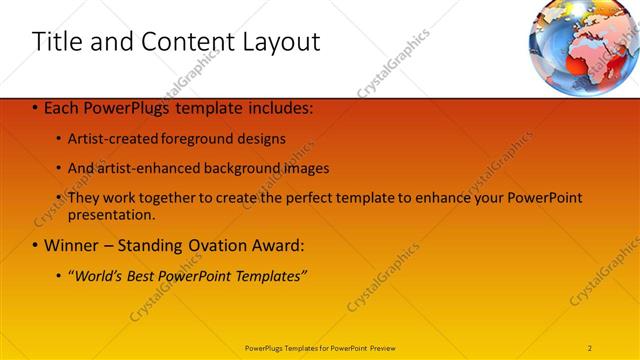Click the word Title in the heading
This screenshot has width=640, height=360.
click(x=57, y=42)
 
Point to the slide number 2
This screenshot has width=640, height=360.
click(x=590, y=347)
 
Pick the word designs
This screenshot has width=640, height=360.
click(x=262, y=138)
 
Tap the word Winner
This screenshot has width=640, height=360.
click(x=71, y=245)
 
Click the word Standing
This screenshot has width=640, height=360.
click(x=155, y=245)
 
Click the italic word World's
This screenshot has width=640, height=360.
click(x=98, y=275)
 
